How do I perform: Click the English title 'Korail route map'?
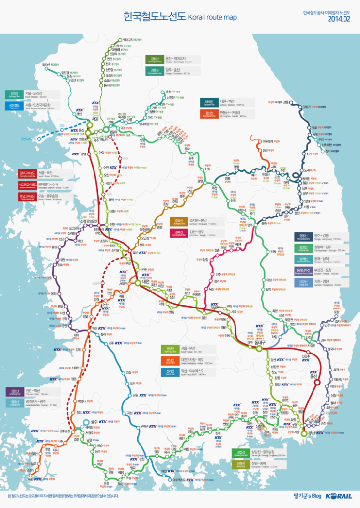[x=212, y=17]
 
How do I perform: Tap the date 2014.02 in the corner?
[x=339, y=19]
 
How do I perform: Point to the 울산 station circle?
[x=316, y=382]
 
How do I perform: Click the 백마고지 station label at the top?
[x=127, y=40]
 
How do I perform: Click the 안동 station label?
[x=273, y=251]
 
